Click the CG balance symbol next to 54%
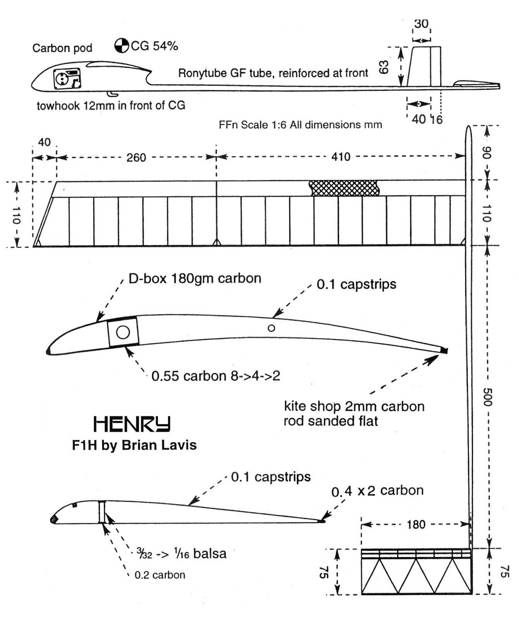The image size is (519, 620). [x=122, y=46]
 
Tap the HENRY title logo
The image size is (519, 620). [x=132, y=424]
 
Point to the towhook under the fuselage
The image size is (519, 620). [x=112, y=94]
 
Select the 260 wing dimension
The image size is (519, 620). [x=136, y=158]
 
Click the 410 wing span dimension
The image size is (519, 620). [x=341, y=157]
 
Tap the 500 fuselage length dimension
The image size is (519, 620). [x=487, y=396]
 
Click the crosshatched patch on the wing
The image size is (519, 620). [x=344, y=188]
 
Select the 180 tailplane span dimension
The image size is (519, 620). [x=416, y=525]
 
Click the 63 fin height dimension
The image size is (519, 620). [x=384, y=67]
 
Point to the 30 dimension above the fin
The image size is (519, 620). [x=421, y=24]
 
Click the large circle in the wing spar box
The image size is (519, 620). [x=123, y=332]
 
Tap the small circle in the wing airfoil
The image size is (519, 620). [x=272, y=328]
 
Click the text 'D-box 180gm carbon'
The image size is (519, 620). [x=195, y=278]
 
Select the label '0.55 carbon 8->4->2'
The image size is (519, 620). [x=216, y=376]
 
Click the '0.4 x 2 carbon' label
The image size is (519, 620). [x=377, y=491]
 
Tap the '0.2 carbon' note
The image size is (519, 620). [x=160, y=575]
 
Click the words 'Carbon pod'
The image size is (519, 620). [x=62, y=48]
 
